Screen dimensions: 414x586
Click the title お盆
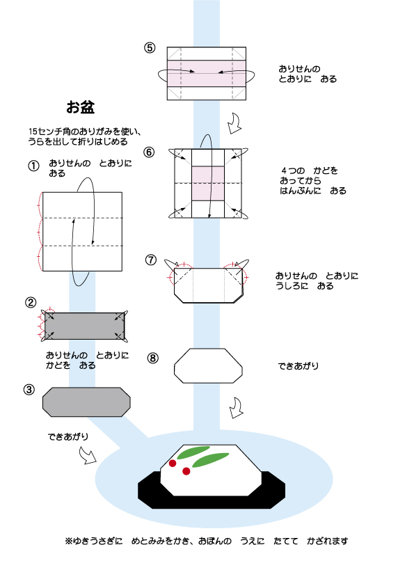[80, 107]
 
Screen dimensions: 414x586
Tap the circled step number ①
[33, 166]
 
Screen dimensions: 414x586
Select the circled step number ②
[31, 302]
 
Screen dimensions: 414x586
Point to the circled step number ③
[29, 390]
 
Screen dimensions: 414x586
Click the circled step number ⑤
[150, 48]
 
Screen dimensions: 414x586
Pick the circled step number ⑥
[149, 152]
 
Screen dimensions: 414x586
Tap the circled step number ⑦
[150, 260]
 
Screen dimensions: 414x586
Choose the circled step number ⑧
[153, 358]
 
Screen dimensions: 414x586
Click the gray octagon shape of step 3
[86, 402]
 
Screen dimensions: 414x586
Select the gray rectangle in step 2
[84, 326]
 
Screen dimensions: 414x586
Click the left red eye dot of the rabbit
[173, 464]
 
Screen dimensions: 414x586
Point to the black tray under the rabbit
[212, 501]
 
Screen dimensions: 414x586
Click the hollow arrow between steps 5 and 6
[235, 123]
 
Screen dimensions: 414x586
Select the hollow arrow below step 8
[236, 408]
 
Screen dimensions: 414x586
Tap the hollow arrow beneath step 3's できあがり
[88, 456]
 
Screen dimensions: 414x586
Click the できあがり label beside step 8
[298, 366]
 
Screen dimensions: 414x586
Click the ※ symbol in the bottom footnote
[68, 541]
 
